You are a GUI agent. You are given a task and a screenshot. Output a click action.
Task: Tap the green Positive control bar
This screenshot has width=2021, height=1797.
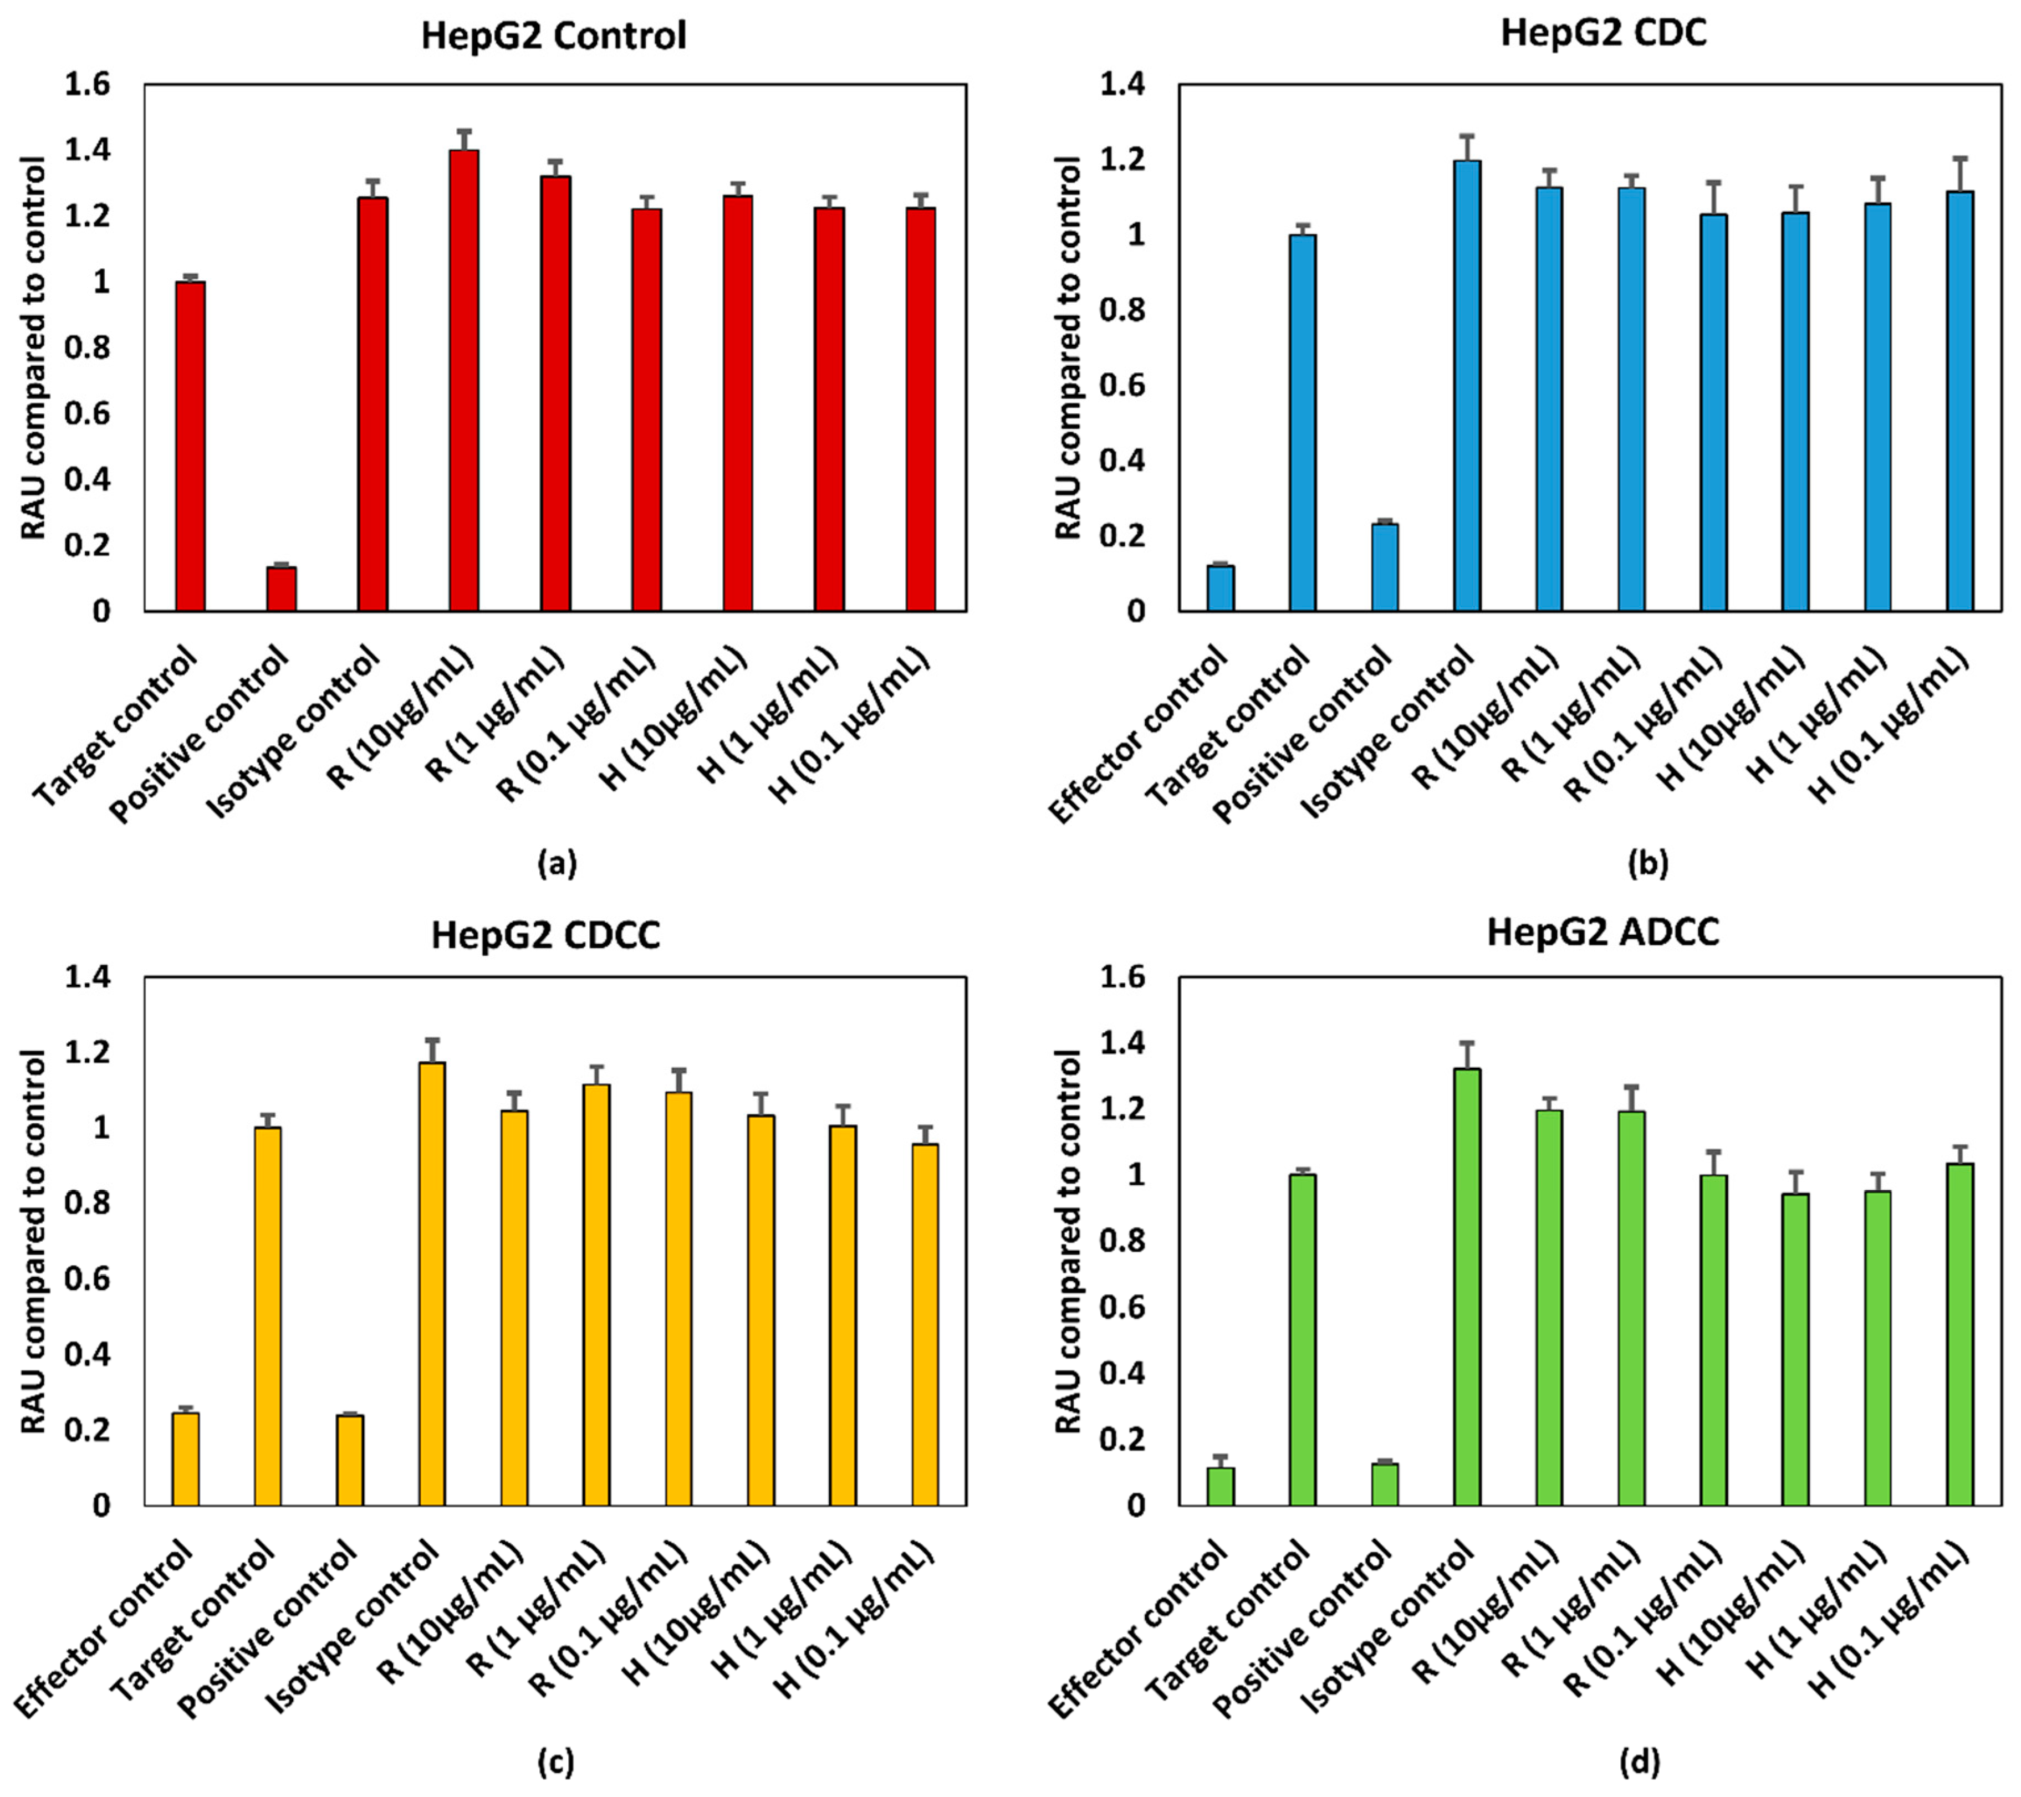[1384, 1484]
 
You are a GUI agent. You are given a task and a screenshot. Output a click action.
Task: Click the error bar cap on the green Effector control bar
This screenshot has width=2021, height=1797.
[1220, 1456]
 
